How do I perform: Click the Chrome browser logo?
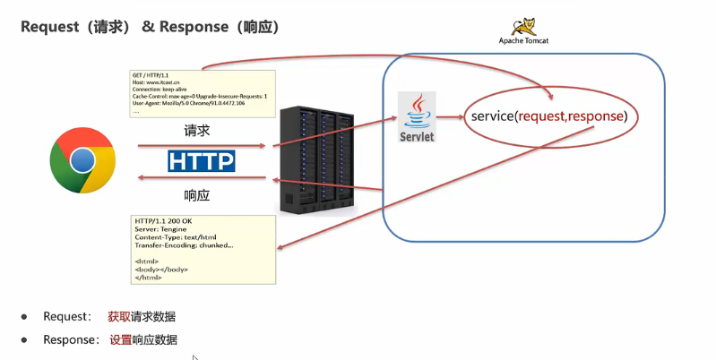point(82,160)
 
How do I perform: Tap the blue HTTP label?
point(202,161)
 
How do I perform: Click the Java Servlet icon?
point(417,120)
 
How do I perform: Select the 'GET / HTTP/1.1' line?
point(150,75)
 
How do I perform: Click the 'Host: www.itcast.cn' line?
point(158,82)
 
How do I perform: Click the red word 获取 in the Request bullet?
point(119,317)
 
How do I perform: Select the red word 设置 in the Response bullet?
point(121,340)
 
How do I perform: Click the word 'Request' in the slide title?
point(52,27)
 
